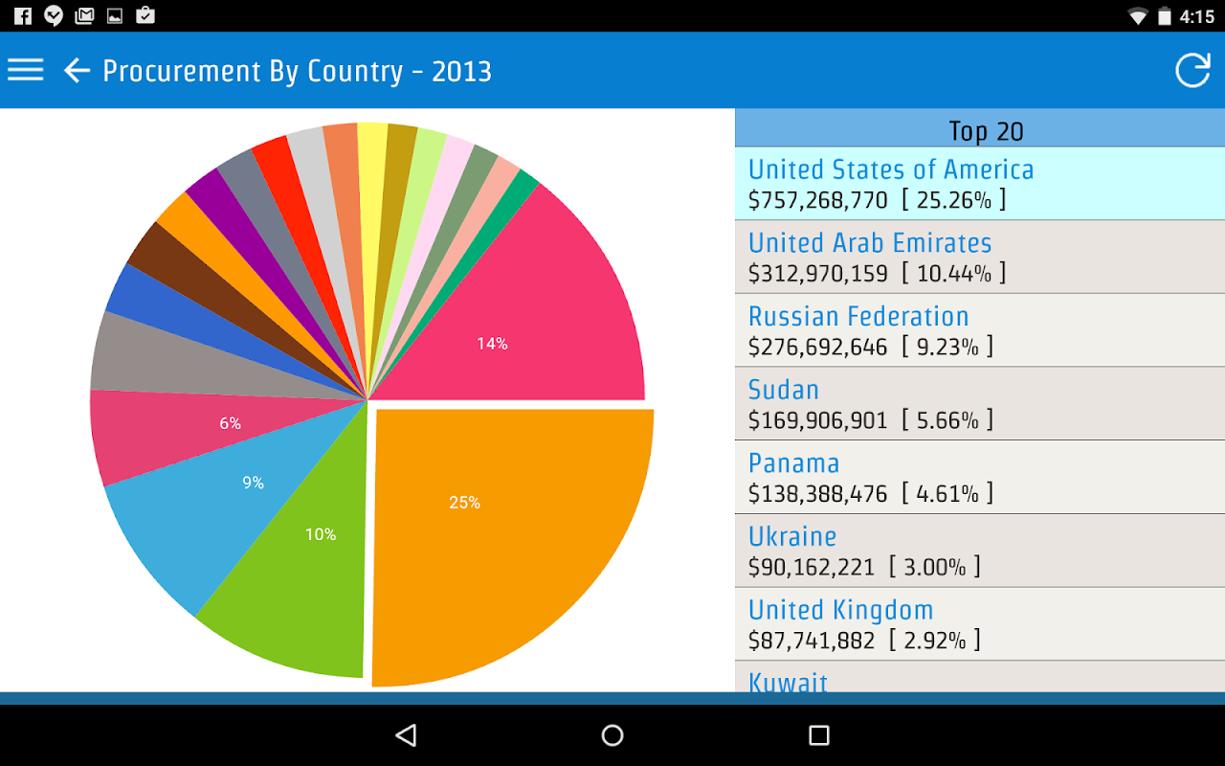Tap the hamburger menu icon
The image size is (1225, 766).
tap(26, 70)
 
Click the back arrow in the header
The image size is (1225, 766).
tap(77, 70)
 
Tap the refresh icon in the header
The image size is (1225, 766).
tap(1192, 70)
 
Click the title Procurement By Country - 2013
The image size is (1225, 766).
tap(297, 72)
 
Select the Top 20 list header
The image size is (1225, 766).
tap(986, 131)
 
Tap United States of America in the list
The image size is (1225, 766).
tap(891, 169)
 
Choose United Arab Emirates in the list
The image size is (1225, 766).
tap(870, 243)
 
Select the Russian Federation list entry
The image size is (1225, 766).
tap(858, 317)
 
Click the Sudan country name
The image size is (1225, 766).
tap(784, 390)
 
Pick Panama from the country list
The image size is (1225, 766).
tap(794, 463)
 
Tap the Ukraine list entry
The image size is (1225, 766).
tap(792, 537)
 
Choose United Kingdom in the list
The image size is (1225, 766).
tap(840, 610)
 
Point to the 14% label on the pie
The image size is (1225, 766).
tap(492, 344)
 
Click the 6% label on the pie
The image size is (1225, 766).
tap(230, 423)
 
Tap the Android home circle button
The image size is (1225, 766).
tap(612, 735)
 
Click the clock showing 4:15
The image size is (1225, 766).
tap(1196, 16)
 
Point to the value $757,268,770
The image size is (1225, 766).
tap(818, 200)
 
